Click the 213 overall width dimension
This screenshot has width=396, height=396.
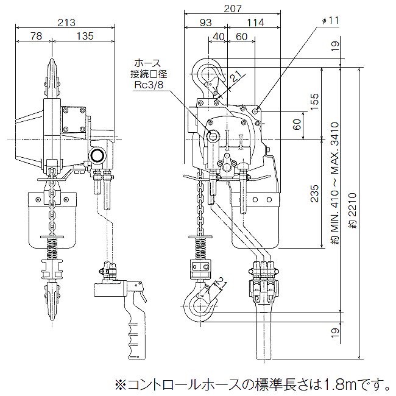pyautogui.click(x=66, y=23)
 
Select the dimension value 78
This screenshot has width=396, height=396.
pyautogui.click(x=36, y=37)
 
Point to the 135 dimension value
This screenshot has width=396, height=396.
pyautogui.click(x=85, y=37)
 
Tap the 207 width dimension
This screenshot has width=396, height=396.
pyautogui.click(x=233, y=9)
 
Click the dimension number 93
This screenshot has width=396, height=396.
pyautogui.click(x=205, y=23)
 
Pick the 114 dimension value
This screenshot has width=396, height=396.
pyautogui.click(x=256, y=23)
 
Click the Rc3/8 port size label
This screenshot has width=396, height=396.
pyautogui.click(x=149, y=85)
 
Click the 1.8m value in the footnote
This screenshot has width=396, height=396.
pyautogui.click(x=341, y=384)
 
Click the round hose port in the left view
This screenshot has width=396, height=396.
pyautogui.click(x=97, y=156)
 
